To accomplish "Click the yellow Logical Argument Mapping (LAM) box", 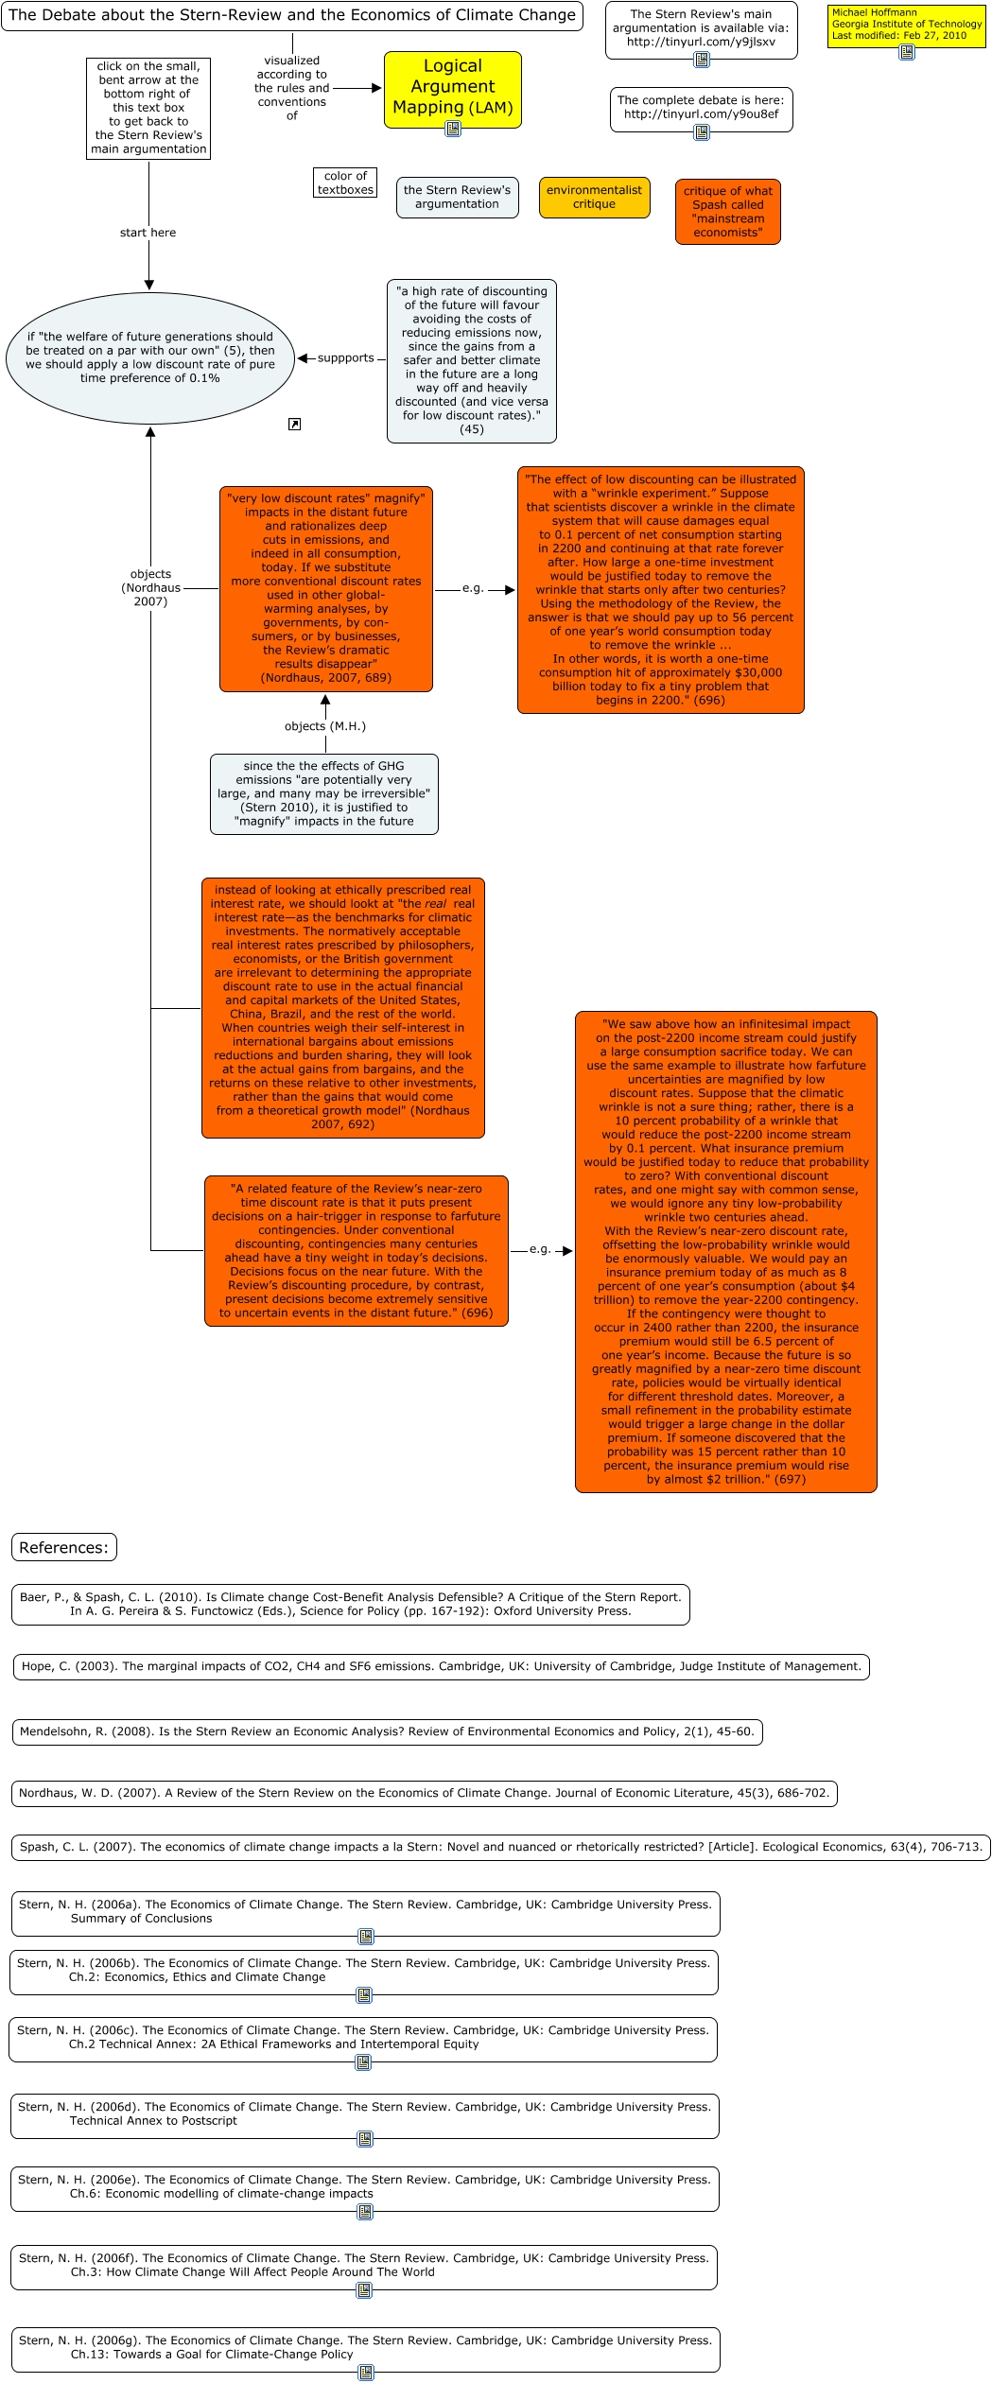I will [x=452, y=86].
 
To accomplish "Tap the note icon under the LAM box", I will [x=453, y=129].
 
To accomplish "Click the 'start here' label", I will [x=148, y=233].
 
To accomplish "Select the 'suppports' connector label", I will [x=346, y=358].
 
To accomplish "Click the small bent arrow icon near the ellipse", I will [x=294, y=425].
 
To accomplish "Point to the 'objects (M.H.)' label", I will [x=324, y=726].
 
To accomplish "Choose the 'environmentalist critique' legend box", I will [x=594, y=197].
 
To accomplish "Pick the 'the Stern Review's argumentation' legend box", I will [x=457, y=197].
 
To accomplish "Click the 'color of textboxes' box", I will [x=345, y=183].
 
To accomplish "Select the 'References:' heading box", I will [x=64, y=1547].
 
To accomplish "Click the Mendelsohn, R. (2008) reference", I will [x=387, y=1731].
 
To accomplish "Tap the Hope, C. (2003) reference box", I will [x=441, y=1666].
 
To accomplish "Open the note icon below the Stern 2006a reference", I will [x=366, y=1937].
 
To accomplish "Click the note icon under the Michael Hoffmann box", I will [x=906, y=52].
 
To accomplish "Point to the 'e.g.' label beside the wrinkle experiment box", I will [x=473, y=588].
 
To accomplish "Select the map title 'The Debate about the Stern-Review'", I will [x=291, y=15].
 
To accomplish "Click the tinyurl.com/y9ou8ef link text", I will [x=701, y=114].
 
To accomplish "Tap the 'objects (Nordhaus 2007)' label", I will [x=150, y=587].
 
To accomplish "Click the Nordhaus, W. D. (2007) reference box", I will [x=424, y=1792].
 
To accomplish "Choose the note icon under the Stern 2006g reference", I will [x=366, y=2373].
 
